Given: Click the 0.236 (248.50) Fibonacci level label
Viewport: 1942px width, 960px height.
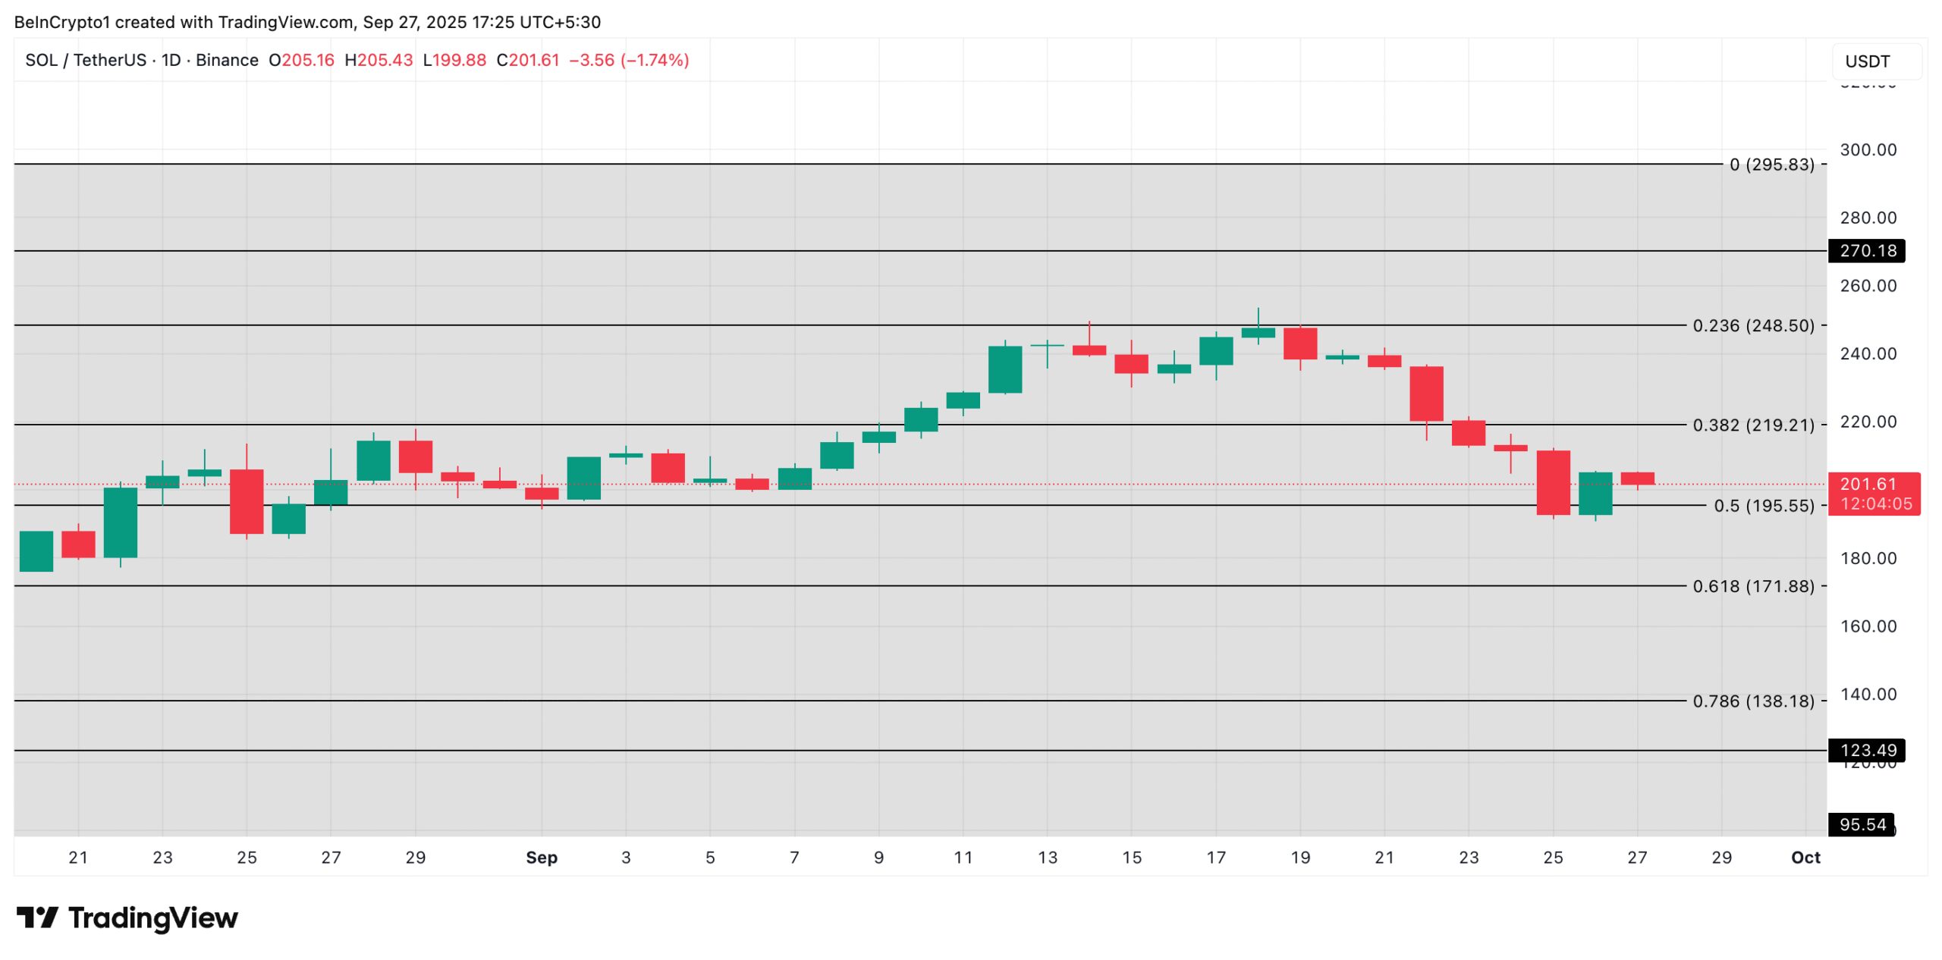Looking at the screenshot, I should [x=1752, y=325].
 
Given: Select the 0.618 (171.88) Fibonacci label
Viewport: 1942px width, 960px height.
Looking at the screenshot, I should [x=1752, y=586].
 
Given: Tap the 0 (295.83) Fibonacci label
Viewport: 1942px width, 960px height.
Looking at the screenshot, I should [x=1771, y=165].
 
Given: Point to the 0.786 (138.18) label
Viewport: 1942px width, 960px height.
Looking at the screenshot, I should [x=1752, y=701].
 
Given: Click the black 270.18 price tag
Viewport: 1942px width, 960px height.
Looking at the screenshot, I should [x=1867, y=251].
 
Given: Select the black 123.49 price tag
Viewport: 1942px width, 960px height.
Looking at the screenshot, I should [x=1867, y=751].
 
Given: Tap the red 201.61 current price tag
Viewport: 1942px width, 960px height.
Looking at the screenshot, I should [x=1874, y=494].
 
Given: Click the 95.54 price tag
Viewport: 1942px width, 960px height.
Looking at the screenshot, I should [x=1862, y=825].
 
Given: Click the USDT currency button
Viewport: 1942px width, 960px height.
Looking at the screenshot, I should [x=1877, y=61].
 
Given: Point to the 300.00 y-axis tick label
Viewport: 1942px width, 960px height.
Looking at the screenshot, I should [x=1868, y=150].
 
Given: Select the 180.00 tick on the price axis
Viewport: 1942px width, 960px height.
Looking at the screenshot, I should [x=1868, y=559].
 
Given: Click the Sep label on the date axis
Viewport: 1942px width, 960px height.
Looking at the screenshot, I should [x=542, y=858].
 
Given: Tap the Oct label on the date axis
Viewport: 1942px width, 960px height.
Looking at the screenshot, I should [x=1805, y=858].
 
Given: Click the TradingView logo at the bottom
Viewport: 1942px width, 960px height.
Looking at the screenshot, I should [x=127, y=918].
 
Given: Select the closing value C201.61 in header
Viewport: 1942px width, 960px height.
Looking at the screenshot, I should [x=528, y=61].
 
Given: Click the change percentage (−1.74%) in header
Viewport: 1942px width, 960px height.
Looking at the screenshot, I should [x=655, y=61].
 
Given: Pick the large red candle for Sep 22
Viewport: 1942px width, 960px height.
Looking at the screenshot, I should [x=1426, y=394].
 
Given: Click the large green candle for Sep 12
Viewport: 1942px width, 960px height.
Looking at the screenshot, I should [x=1005, y=369].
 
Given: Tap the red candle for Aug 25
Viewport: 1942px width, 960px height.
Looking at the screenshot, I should [x=247, y=501].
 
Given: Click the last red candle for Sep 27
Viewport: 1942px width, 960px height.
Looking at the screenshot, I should [x=1637, y=478].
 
